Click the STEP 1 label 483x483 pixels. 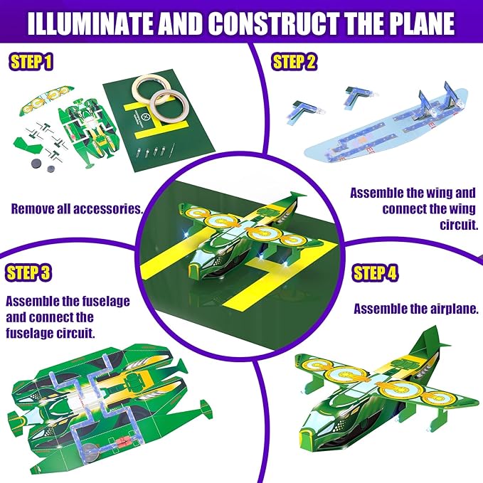31,62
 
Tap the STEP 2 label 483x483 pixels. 294,61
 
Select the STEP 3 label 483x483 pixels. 28,272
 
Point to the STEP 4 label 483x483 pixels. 375,273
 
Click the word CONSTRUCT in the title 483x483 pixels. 274,24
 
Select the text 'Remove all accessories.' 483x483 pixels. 78,209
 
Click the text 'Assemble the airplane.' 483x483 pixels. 416,309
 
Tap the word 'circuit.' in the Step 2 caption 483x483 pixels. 459,225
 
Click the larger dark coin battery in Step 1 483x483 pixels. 37,164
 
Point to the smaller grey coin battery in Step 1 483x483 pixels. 51,169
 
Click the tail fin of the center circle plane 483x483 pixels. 297,197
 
